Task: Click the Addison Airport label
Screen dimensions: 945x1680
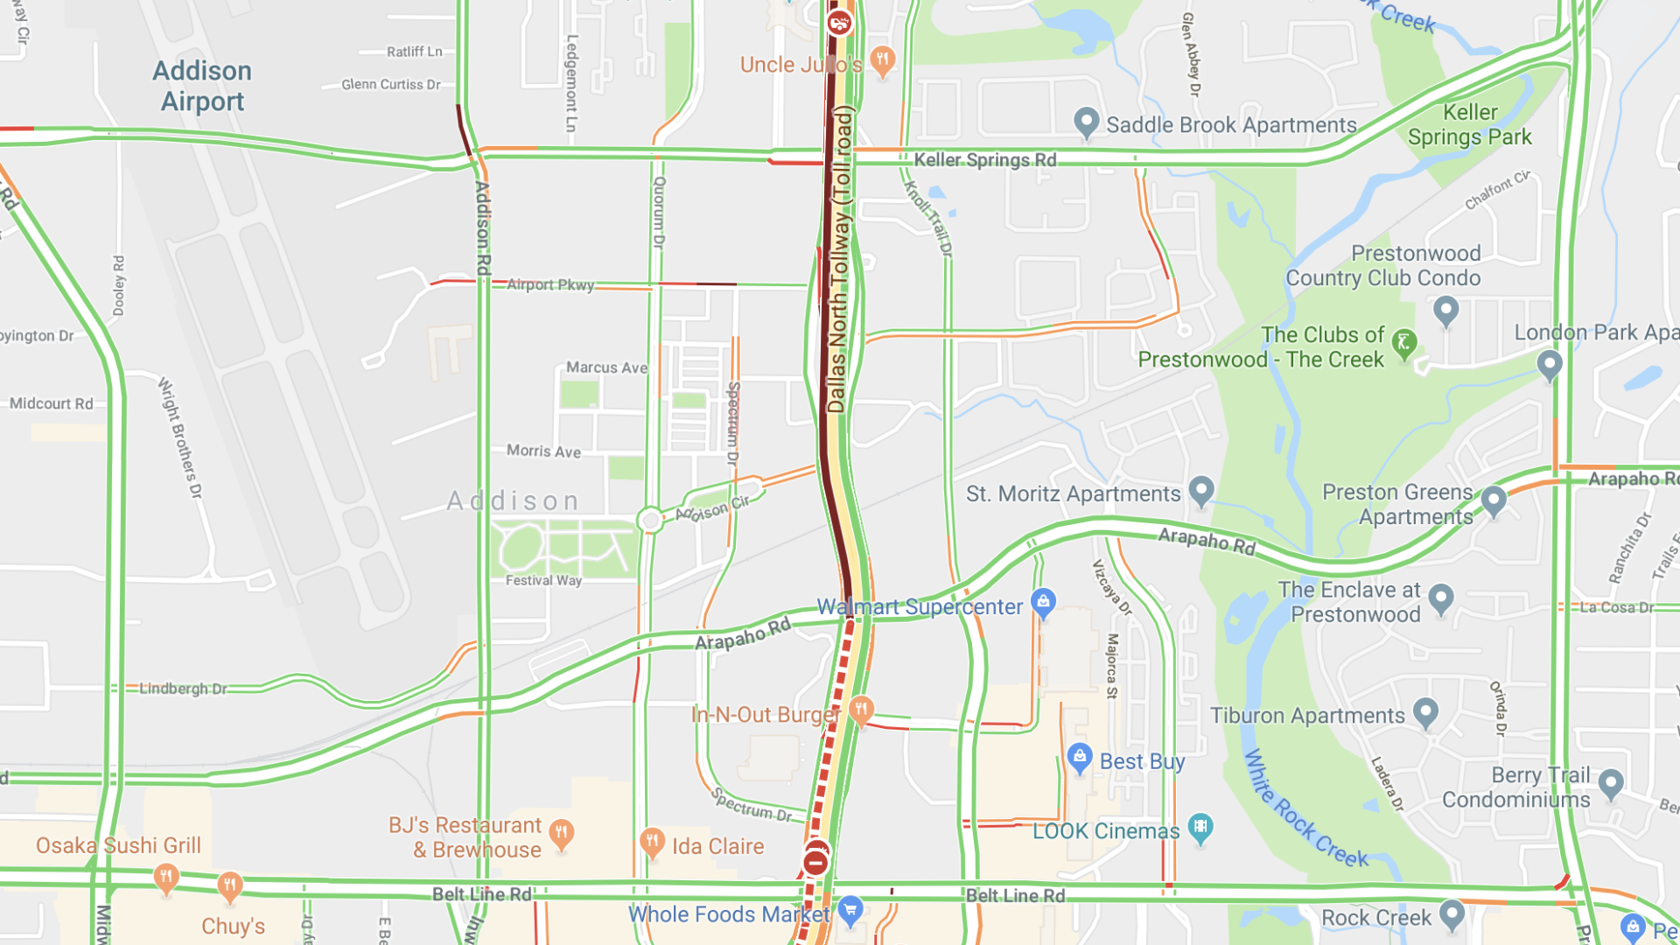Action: [x=202, y=86]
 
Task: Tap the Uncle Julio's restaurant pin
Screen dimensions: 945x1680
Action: [x=883, y=61]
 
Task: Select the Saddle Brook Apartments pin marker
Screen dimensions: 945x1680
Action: [x=1086, y=122]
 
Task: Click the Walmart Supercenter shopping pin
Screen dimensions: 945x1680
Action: [x=1043, y=602]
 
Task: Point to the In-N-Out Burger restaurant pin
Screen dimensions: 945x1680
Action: [x=861, y=710]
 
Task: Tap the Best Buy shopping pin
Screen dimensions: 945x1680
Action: [x=1080, y=758]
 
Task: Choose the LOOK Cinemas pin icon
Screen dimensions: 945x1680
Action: [x=1200, y=827]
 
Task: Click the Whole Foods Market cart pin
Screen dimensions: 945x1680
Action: [x=850, y=911]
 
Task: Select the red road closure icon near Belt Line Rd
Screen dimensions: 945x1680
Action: [x=815, y=863]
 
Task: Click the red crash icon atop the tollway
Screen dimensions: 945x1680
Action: [x=839, y=22]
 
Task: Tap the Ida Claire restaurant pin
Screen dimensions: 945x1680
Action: [x=652, y=843]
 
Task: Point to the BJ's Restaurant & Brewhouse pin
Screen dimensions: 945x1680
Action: [x=561, y=833]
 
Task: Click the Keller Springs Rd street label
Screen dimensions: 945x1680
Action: [x=985, y=160]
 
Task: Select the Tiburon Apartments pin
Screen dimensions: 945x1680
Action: [x=1425, y=712]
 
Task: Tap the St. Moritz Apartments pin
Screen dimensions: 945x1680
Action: [x=1201, y=490]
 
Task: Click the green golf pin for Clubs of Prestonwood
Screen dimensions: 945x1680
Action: [x=1403, y=342]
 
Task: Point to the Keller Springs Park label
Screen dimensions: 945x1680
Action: [x=1470, y=124]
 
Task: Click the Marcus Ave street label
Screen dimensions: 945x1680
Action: [x=606, y=367]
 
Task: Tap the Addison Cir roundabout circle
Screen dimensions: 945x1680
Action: [x=650, y=521]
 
